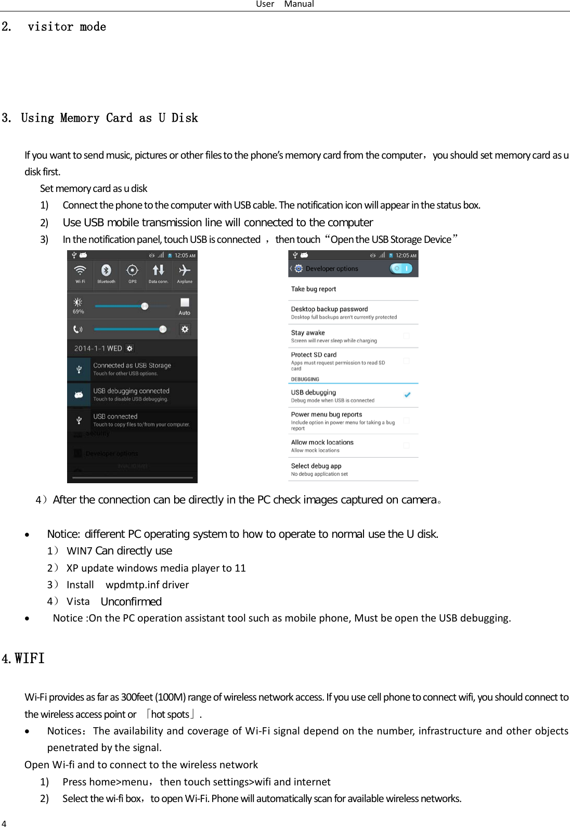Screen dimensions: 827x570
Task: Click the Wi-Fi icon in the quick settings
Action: pos(80,270)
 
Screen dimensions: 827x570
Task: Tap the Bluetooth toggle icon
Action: pos(106,270)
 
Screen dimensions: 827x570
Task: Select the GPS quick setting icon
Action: pos(133,270)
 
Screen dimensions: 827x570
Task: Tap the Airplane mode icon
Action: pos(184,270)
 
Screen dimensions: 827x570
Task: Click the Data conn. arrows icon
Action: pos(158,270)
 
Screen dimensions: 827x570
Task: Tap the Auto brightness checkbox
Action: pos(185,302)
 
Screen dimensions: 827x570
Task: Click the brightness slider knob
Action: pos(145,306)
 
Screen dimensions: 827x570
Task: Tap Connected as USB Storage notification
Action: pos(132,369)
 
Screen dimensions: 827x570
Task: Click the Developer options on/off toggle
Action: pos(400,268)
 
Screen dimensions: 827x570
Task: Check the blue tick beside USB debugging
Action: pos(407,395)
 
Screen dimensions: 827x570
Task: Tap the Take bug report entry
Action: pos(314,289)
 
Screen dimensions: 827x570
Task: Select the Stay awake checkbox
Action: pos(407,336)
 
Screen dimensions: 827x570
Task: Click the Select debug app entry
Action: pos(316,467)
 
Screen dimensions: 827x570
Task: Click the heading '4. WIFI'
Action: pos(23,659)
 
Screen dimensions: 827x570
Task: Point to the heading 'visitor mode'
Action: pos(67,27)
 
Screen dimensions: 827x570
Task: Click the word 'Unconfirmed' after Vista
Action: pos(131,602)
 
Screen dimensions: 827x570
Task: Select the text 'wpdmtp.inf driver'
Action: pos(147,585)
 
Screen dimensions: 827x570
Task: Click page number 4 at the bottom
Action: pos(4,823)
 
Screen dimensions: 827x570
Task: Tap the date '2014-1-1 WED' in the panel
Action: pos(98,348)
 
